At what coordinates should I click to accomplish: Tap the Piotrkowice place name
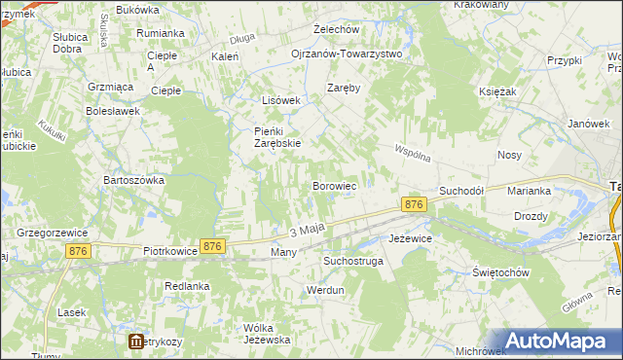click(x=170, y=250)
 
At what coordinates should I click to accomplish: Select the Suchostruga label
click(x=354, y=262)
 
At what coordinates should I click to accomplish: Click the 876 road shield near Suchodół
click(x=414, y=204)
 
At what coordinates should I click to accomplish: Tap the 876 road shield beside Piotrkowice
click(x=213, y=247)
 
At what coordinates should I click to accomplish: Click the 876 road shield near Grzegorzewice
click(x=81, y=251)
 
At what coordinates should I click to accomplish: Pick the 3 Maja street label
click(x=306, y=231)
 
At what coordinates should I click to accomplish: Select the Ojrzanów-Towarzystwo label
click(x=347, y=54)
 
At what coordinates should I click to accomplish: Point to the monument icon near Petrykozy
click(x=136, y=342)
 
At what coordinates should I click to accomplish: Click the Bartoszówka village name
click(x=134, y=180)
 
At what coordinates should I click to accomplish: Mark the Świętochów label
click(x=500, y=272)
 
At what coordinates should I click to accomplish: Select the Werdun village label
click(x=325, y=290)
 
